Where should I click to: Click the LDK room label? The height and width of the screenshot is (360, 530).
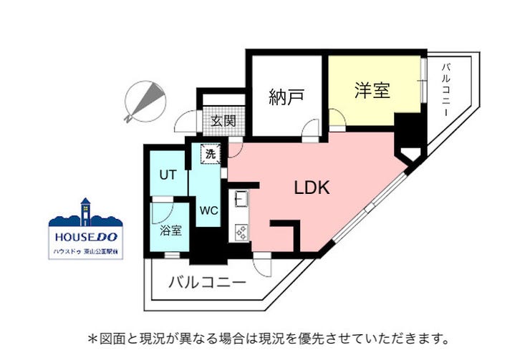coord(312,188)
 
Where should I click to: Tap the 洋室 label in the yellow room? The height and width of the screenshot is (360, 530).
coord(372,91)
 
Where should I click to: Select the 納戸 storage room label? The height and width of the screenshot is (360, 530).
coord(284,98)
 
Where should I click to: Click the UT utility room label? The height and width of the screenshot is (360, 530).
coord(167,175)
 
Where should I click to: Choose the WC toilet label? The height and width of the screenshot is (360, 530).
coord(208,210)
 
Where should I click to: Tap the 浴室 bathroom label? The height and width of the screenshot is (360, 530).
coord(170,231)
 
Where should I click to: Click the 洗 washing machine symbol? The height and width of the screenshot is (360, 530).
coord(211,153)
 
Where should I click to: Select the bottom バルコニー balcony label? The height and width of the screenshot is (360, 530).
coord(208,282)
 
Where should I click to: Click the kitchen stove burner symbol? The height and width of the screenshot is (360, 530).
coord(241,231)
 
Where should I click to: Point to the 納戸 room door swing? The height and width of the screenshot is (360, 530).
coord(311,129)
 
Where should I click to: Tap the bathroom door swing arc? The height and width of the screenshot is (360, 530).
coord(162,210)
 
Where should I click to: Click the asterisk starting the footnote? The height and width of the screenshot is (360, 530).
coord(92,337)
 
